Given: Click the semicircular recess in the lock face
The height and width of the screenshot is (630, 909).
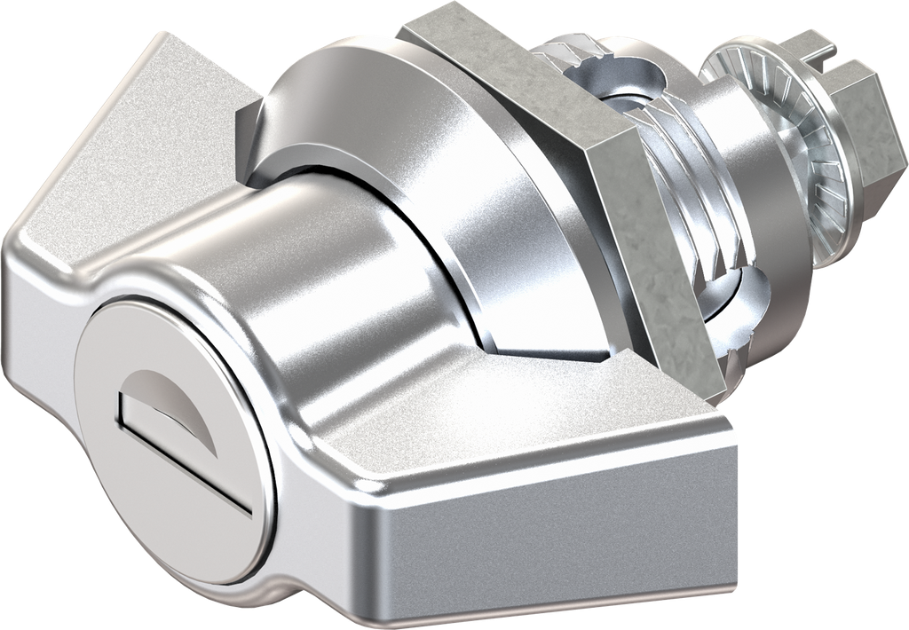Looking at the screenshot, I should [169, 399].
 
